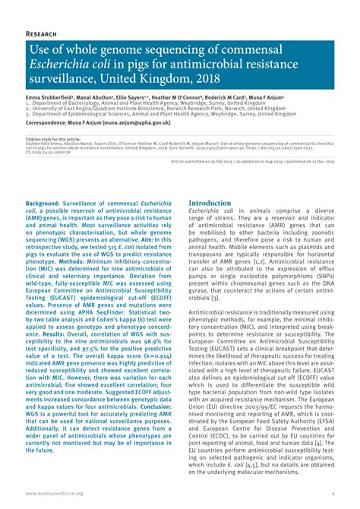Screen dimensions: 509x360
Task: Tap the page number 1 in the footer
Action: [x=333, y=494]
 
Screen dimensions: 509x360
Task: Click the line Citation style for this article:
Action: [x=53, y=140]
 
